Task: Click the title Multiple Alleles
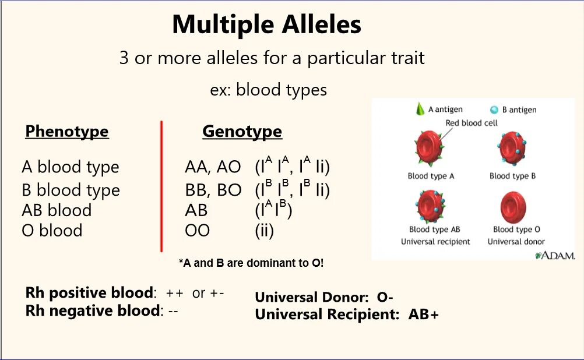click(x=266, y=24)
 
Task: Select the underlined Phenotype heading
click(x=66, y=132)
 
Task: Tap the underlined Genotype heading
click(x=242, y=132)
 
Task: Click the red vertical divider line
click(x=161, y=186)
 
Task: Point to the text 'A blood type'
click(x=71, y=167)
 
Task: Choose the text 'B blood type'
click(x=71, y=190)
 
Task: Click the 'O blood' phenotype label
click(x=52, y=231)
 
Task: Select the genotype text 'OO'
click(x=197, y=231)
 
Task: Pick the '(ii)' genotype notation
click(x=264, y=231)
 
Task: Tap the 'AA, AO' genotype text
click(x=212, y=167)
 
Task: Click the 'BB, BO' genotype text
click(x=212, y=190)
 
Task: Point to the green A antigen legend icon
click(x=419, y=108)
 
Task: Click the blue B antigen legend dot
click(x=494, y=109)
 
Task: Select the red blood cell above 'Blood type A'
click(x=430, y=149)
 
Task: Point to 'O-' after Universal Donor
click(x=385, y=297)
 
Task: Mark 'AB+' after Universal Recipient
click(x=423, y=315)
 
